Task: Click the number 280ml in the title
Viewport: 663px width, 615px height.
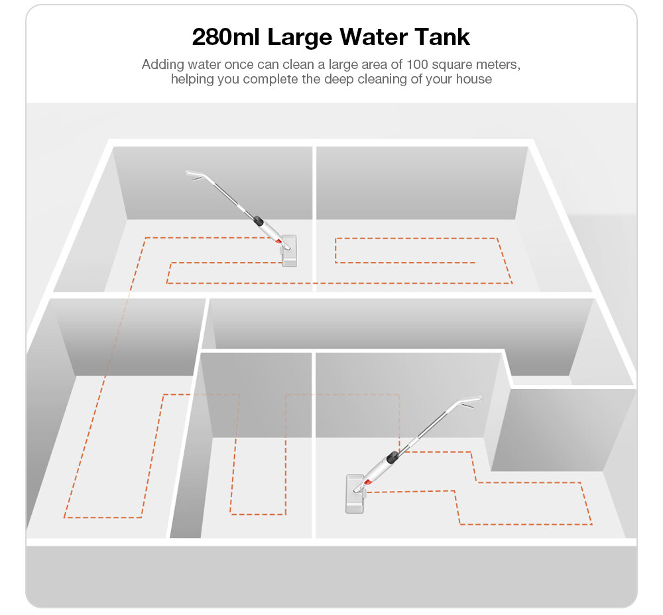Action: (225, 36)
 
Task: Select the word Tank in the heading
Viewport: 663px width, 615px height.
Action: (442, 36)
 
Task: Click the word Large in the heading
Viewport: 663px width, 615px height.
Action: (300, 38)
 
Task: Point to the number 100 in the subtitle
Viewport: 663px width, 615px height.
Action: (417, 64)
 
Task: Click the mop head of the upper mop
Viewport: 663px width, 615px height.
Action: (289, 251)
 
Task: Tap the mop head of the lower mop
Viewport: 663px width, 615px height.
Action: (355, 494)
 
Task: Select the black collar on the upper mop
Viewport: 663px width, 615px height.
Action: (258, 221)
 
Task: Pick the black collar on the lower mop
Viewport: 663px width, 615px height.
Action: (392, 457)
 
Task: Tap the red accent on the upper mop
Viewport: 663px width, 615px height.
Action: (278, 241)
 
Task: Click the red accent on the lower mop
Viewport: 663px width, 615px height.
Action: (367, 481)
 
